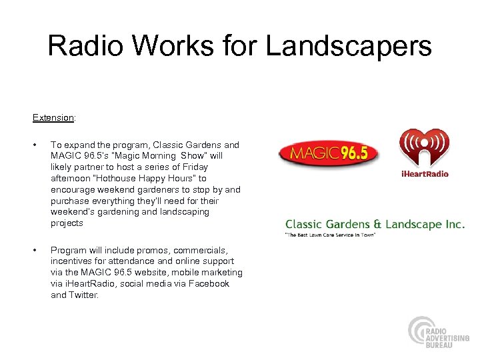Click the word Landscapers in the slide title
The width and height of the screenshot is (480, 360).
coord(348,47)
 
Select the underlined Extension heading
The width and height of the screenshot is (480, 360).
coord(53,117)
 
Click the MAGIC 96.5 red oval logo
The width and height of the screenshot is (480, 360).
coord(328,153)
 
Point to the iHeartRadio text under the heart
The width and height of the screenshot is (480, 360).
coord(424,174)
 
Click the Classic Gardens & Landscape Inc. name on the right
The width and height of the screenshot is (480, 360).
coord(375,225)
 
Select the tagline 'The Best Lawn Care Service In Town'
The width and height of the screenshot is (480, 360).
coord(330,235)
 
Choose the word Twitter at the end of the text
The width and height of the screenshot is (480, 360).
coord(83,295)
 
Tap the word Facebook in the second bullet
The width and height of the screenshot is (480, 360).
coord(207,283)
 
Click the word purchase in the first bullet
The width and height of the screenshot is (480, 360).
coord(69,201)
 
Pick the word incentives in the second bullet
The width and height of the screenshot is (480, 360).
coord(71,261)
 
